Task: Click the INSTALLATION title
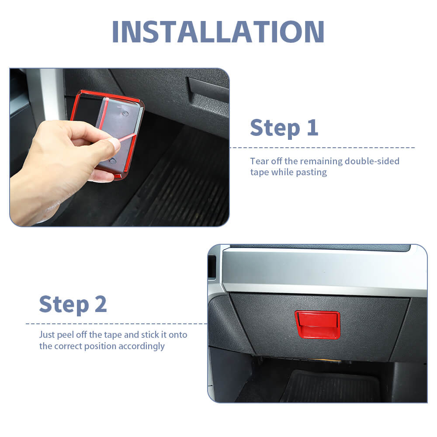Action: point(218,31)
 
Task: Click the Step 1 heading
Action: point(284,128)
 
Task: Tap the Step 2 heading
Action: point(73,304)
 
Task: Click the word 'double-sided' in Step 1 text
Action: point(372,161)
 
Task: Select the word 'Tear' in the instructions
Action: point(260,161)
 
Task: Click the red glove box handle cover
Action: point(317,325)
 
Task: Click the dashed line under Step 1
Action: point(322,148)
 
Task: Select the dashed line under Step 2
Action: point(117,324)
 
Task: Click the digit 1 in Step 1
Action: point(313,127)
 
